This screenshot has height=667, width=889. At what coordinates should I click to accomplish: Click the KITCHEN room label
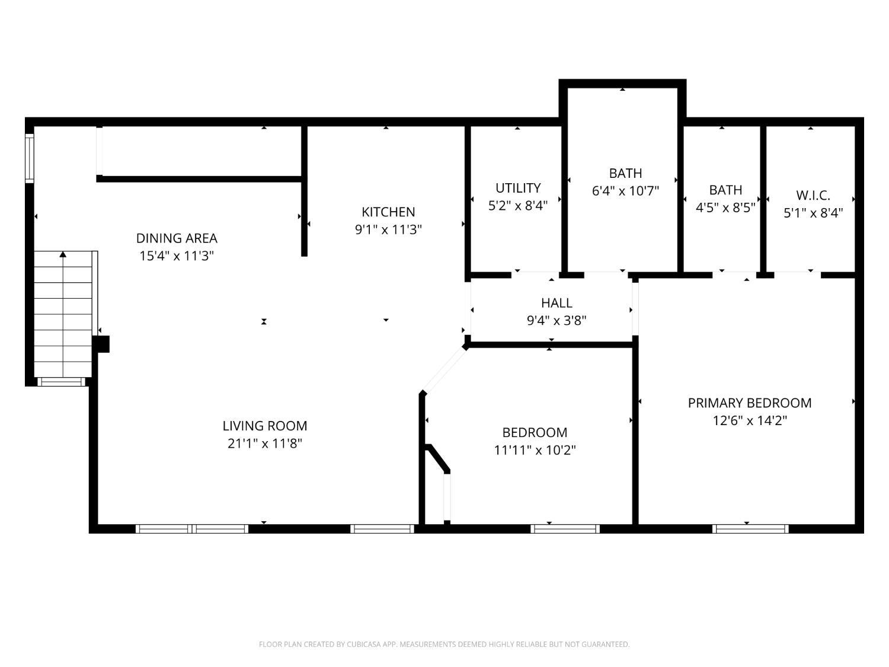point(388,212)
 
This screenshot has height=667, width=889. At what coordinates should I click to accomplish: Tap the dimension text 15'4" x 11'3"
point(177,256)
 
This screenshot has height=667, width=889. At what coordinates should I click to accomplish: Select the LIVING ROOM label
point(265,426)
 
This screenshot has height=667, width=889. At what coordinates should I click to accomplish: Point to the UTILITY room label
point(518,188)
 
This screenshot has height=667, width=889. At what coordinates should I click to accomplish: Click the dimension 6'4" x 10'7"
point(625,191)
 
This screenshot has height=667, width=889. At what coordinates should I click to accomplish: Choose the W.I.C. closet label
point(813,195)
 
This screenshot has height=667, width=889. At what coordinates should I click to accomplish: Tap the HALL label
point(557,303)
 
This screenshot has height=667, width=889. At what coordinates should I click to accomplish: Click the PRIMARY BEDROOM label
point(750,403)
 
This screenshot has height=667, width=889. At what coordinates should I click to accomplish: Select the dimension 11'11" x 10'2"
point(535,451)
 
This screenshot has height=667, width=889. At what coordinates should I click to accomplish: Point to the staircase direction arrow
point(63,255)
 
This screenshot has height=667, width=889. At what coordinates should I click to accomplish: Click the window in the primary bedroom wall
point(750,528)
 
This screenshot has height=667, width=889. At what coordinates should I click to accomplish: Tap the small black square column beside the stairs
point(102,344)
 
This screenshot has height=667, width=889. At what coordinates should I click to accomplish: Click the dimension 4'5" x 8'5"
point(725,208)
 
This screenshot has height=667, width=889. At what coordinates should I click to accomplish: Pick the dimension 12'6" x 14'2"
point(750,421)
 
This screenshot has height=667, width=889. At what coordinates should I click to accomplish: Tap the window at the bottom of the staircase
point(62,382)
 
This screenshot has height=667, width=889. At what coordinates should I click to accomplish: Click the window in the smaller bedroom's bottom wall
point(565,528)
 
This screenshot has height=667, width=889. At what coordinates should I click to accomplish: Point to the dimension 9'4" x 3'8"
point(557,321)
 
